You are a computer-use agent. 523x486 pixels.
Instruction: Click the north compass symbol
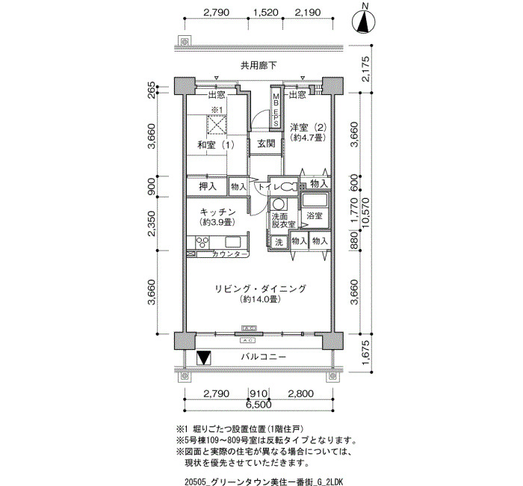tap(364, 22)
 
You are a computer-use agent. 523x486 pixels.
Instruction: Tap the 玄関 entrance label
tap(266, 144)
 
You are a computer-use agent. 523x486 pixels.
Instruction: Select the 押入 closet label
tap(208, 186)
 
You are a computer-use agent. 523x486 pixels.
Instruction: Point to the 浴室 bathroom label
tap(315, 215)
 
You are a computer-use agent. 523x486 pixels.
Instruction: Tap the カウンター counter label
tap(226, 254)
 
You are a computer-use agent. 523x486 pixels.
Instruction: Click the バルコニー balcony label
tap(264, 357)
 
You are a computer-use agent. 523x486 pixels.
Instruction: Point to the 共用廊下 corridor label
tap(259, 66)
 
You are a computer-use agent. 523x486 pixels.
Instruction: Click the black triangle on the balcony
tap(203, 358)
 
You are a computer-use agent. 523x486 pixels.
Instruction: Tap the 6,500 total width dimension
tap(259, 405)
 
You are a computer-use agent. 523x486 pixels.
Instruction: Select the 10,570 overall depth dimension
tap(367, 213)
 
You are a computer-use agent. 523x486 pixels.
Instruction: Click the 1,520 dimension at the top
tap(266, 13)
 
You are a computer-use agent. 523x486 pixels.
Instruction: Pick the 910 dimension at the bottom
tap(259, 393)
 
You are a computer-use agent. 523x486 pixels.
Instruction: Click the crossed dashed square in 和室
tap(217, 125)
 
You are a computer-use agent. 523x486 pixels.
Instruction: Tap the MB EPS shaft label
tap(276, 109)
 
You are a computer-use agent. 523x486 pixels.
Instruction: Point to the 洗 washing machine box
tap(279, 242)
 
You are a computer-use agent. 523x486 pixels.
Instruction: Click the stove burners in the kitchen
tap(202, 242)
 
